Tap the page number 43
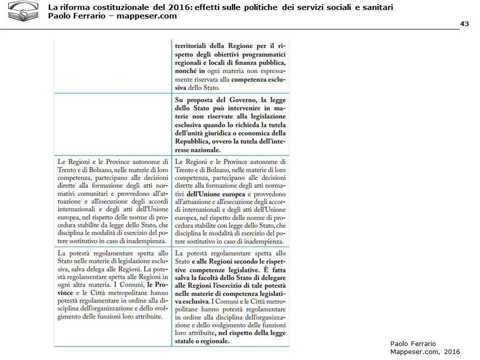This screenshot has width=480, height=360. (464, 24)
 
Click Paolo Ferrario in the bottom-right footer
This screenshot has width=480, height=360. (412, 343)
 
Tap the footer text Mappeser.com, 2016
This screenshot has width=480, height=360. (424, 351)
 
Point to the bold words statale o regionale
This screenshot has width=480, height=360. (200, 341)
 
